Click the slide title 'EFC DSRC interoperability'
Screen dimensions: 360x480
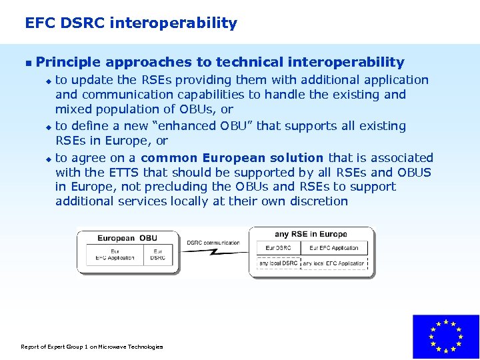point(131,23)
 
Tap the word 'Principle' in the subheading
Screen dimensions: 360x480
point(68,63)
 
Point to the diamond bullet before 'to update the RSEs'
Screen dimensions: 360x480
point(48,81)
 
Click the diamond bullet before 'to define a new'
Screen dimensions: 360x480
point(48,127)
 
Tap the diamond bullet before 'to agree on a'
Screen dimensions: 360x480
point(48,159)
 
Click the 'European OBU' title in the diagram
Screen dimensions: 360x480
point(127,238)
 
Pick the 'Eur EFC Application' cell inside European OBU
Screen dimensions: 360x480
point(115,255)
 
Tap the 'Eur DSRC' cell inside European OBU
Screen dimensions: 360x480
point(158,255)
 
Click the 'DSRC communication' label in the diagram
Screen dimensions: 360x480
point(213,243)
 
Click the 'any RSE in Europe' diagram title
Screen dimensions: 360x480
point(311,234)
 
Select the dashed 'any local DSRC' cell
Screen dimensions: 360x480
point(279,263)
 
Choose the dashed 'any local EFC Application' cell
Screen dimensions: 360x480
point(334,263)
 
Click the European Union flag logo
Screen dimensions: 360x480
point(445,337)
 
